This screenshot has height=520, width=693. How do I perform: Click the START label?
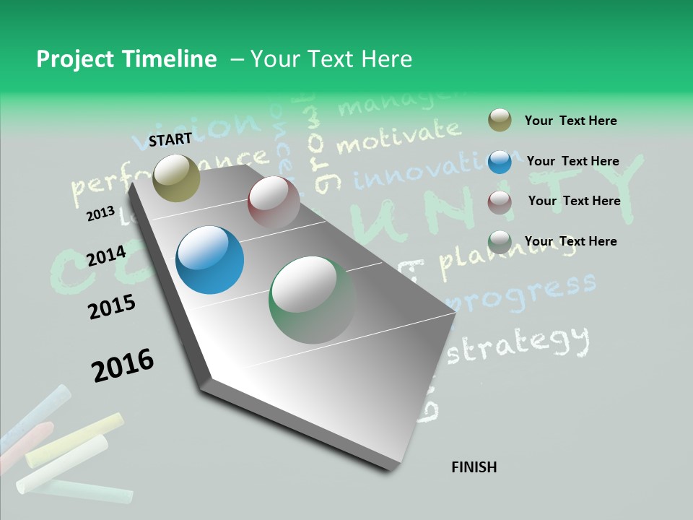(170, 139)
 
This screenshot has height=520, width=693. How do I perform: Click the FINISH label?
(474, 467)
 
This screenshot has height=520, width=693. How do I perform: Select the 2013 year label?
(100, 214)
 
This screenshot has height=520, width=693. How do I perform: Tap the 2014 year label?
(106, 256)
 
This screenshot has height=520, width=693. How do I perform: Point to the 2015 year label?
(112, 307)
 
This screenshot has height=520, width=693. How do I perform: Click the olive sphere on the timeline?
(177, 178)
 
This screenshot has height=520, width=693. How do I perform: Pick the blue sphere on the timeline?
(209, 260)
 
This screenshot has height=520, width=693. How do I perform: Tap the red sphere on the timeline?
(274, 202)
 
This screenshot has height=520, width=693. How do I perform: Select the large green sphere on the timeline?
(313, 300)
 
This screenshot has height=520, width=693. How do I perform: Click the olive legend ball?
(500, 121)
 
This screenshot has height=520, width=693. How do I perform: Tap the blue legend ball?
(500, 161)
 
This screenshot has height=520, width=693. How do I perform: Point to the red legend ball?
(500, 201)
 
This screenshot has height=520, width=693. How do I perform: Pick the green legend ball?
(500, 242)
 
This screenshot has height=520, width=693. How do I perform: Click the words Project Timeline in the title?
(126, 59)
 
